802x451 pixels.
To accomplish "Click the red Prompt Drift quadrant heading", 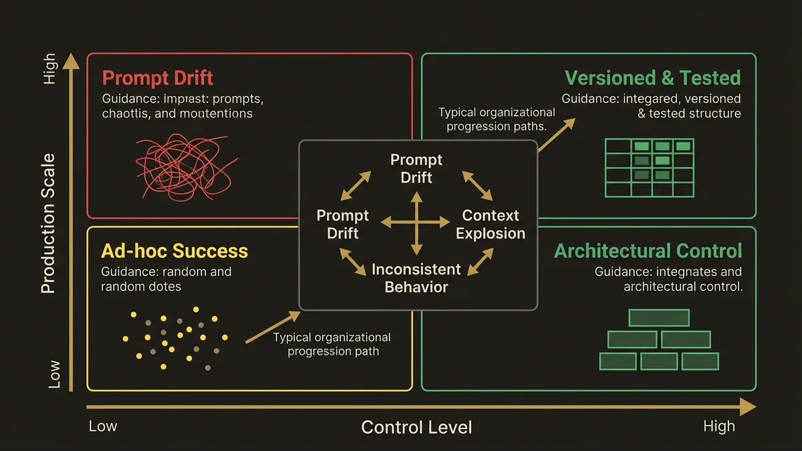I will click(158, 78).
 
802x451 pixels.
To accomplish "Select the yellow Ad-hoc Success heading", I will click(174, 251).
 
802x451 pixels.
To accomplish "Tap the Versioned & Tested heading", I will click(652, 78).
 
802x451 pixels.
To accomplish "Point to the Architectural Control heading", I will click(648, 251).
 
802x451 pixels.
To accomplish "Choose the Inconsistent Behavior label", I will click(416, 279).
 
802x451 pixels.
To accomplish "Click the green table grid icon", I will click(649, 168).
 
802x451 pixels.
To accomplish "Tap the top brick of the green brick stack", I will click(658, 318).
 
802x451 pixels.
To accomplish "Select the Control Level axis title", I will click(416, 427).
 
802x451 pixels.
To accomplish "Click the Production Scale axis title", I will click(48, 224).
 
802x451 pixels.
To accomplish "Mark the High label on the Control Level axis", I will click(718, 426).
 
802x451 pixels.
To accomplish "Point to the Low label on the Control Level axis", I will click(103, 426).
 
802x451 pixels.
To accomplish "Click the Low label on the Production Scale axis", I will click(53, 375).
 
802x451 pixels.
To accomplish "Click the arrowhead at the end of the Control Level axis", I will click(749, 407).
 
